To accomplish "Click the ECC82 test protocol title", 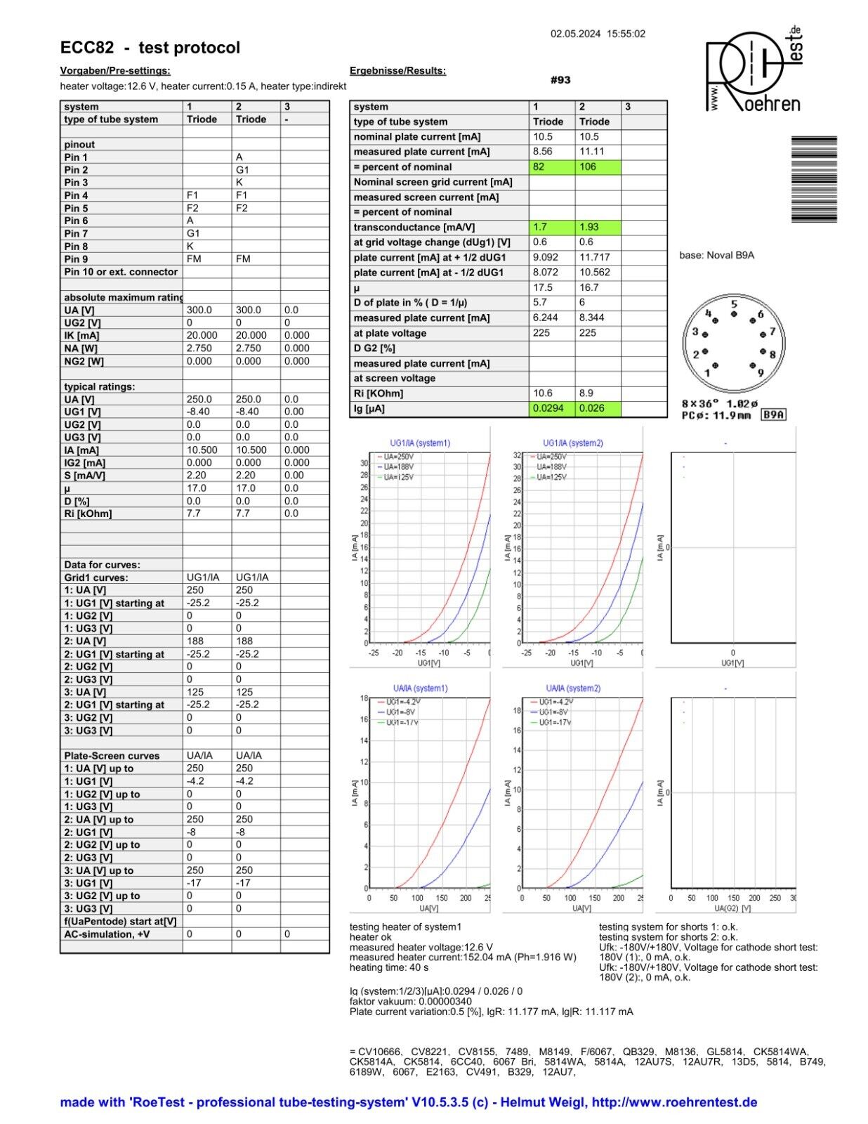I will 150,48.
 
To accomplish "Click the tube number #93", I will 560,80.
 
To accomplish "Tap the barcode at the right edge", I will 814,179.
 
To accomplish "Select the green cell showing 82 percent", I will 552,167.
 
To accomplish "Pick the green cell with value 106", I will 598,167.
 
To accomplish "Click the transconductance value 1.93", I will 598,228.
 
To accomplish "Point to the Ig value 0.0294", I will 552,408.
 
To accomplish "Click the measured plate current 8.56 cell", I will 552,152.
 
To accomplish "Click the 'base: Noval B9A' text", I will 716,255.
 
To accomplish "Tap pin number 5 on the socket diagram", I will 734,305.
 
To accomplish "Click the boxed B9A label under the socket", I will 774,415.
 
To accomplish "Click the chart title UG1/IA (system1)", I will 420,443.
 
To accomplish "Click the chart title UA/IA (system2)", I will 573,688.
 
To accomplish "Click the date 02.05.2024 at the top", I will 575,34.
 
